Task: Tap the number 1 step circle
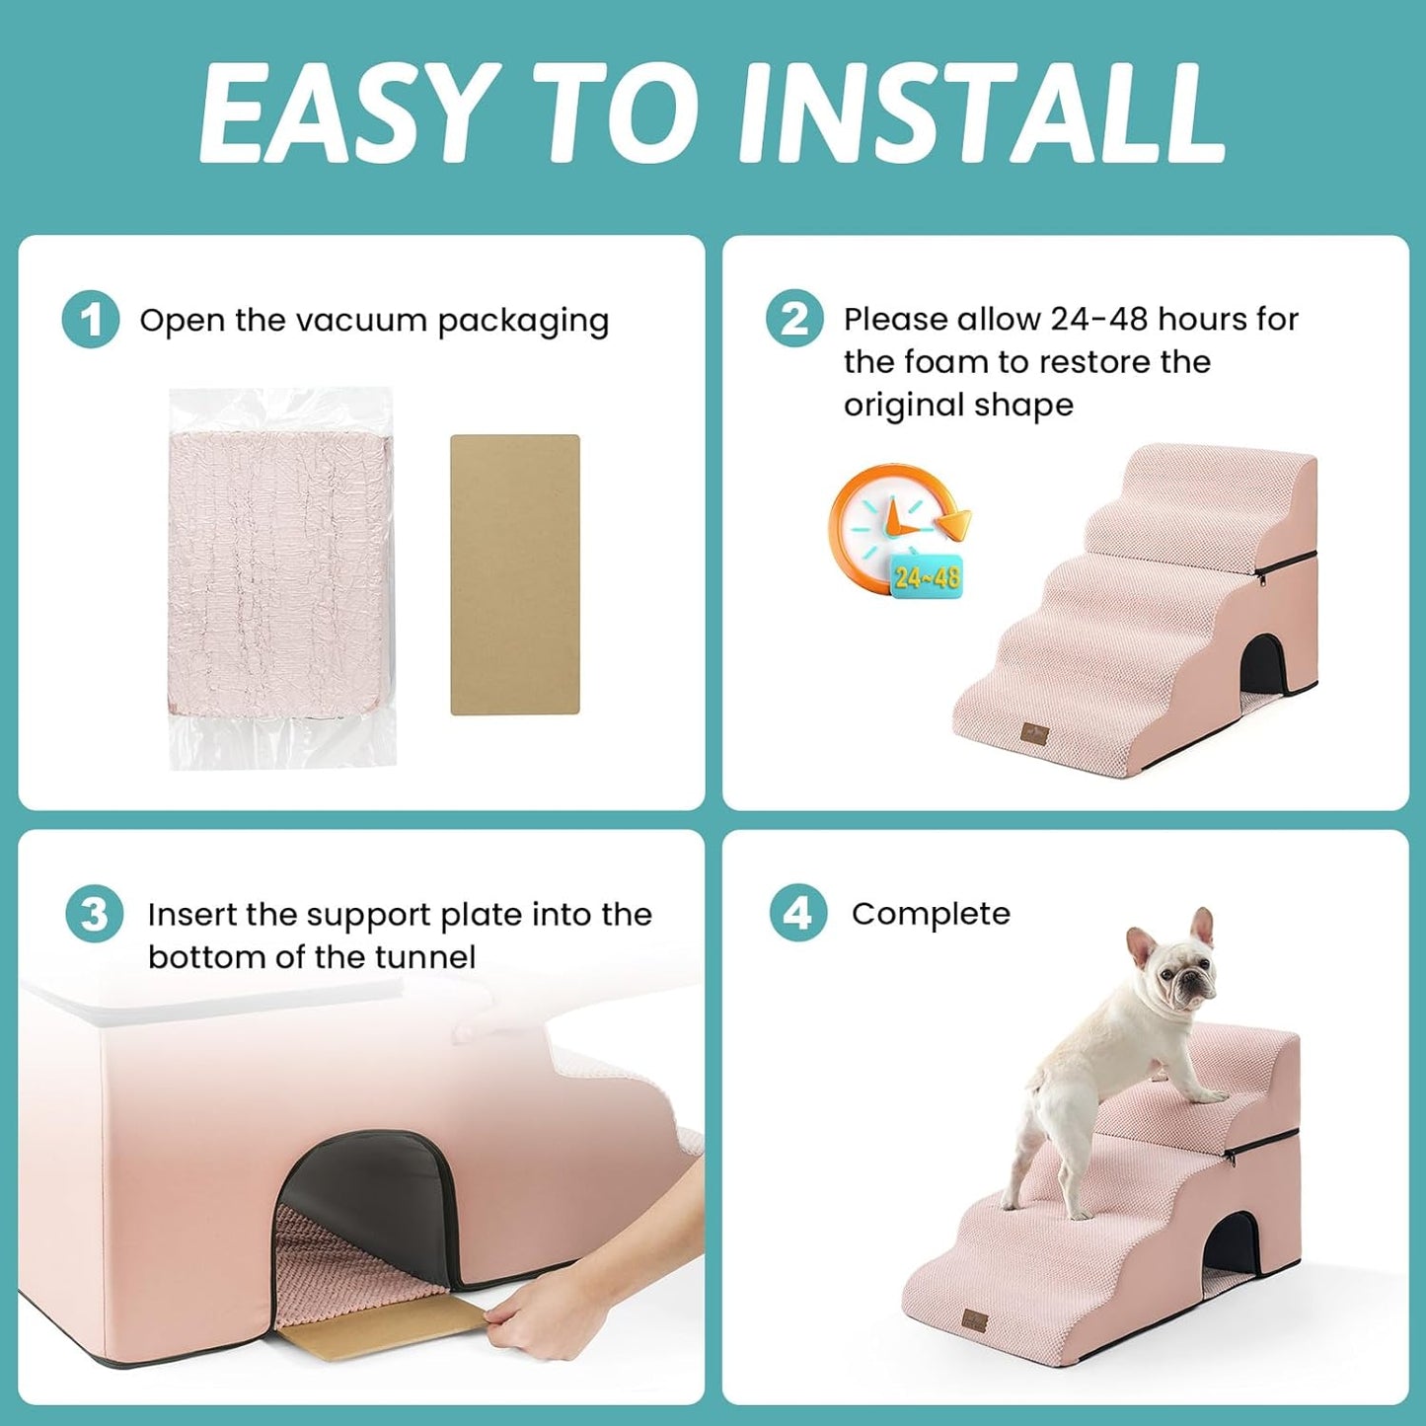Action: click(90, 320)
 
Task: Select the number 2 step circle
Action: click(793, 319)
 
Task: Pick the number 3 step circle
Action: click(94, 914)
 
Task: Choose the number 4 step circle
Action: click(797, 913)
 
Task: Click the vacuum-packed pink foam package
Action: click(281, 577)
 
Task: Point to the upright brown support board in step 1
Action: click(514, 574)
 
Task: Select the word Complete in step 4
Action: click(931, 914)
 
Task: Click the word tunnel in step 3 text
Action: click(424, 957)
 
